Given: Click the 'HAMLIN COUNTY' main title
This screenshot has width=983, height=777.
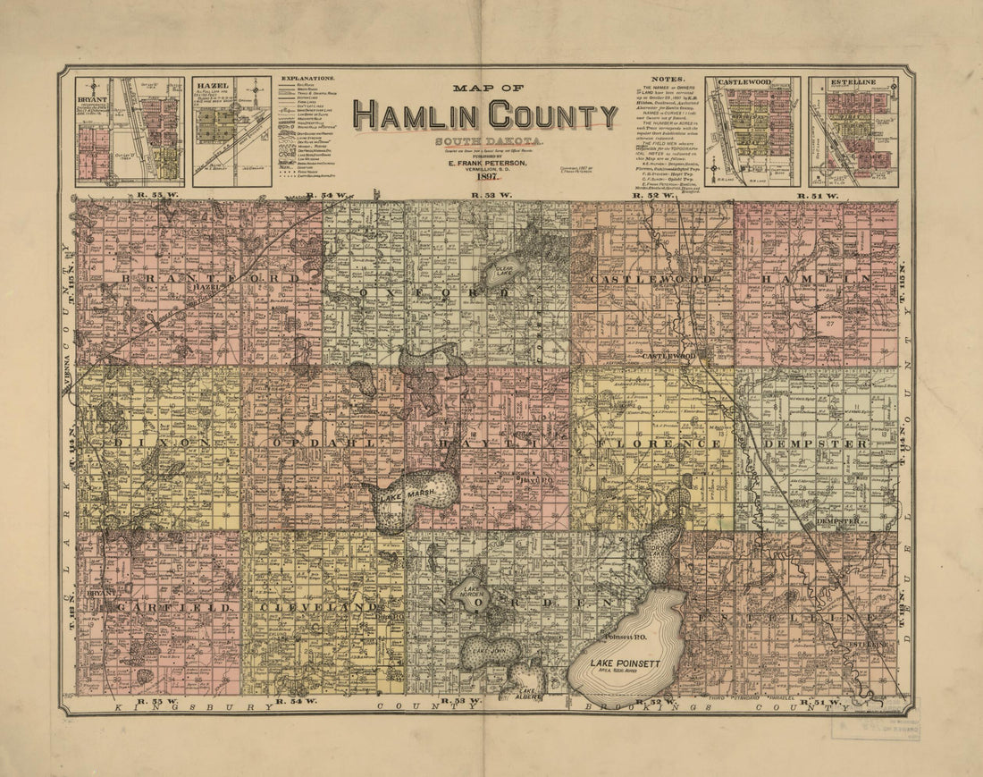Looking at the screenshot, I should [x=484, y=116].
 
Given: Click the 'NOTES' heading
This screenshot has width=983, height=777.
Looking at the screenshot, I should [x=668, y=79].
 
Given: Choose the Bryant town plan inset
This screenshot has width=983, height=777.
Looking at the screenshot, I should [x=130, y=131].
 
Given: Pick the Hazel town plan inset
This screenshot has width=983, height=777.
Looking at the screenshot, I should [x=231, y=131].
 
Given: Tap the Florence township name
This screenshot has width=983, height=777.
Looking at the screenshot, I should [x=654, y=443].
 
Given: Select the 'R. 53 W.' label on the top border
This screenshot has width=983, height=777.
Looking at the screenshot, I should [x=491, y=194].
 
